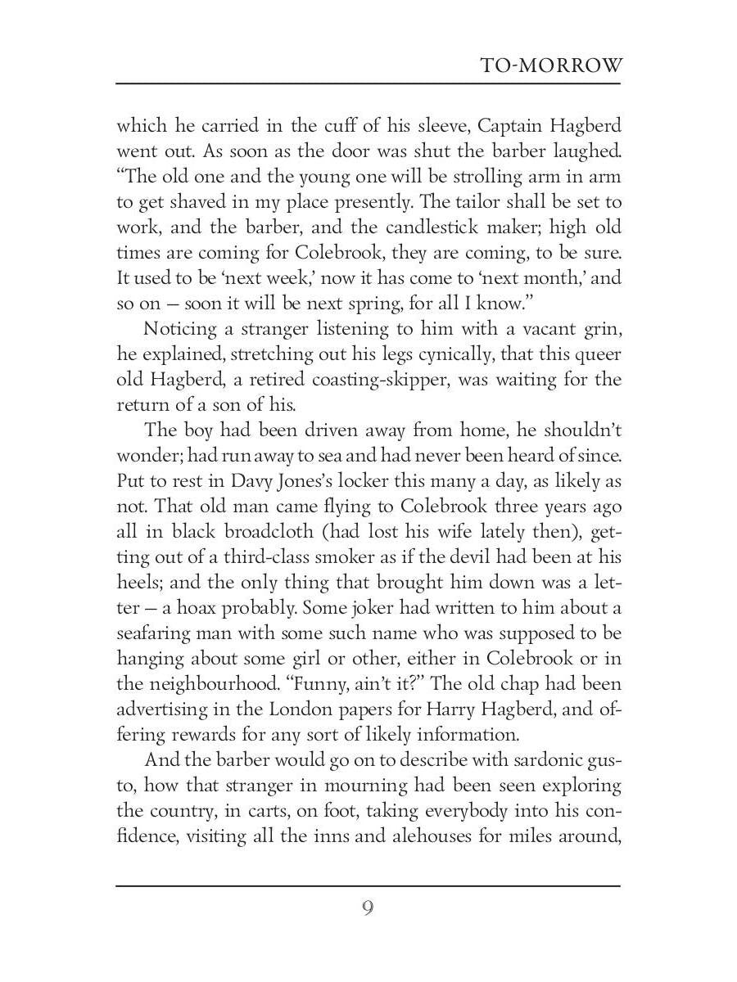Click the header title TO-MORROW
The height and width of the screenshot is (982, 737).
pyautogui.click(x=551, y=66)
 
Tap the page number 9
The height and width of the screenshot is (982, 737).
pyautogui.click(x=368, y=908)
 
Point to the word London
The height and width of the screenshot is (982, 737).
pyautogui.click(x=319, y=709)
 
